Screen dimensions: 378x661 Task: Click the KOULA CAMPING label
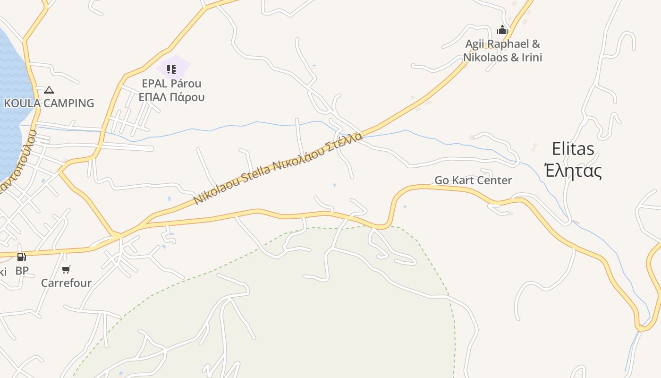tap(49, 103)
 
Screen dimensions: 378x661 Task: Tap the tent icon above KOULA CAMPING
tap(49, 90)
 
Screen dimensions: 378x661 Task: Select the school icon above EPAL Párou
tap(171, 70)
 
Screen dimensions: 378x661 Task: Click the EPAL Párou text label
tap(171, 84)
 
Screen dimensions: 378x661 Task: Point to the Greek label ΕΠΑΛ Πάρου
tap(171, 97)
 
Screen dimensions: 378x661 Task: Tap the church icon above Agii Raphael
tap(502, 31)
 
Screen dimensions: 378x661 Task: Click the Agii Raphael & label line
tap(502, 44)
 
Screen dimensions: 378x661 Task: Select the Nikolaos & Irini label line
tap(502, 58)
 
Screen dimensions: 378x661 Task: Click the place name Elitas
tap(573, 149)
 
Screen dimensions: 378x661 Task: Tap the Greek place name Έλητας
tap(573, 171)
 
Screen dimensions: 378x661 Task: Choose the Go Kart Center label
tap(473, 180)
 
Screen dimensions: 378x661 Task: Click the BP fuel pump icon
tap(21, 257)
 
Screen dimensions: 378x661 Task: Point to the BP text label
tap(22, 271)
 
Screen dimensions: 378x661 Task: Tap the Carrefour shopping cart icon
tap(66, 270)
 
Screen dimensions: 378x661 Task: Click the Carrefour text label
tap(66, 283)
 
